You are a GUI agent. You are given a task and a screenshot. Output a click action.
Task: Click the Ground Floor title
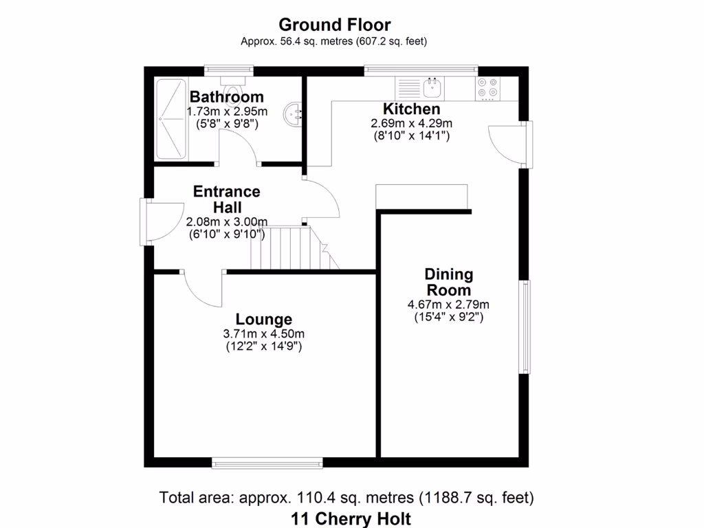(334, 25)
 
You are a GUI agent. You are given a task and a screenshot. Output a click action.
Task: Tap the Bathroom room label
(227, 97)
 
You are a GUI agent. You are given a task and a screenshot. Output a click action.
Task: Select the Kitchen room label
(411, 109)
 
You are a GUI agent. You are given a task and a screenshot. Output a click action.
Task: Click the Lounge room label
(264, 319)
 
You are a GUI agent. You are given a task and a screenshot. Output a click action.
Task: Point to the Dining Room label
(449, 282)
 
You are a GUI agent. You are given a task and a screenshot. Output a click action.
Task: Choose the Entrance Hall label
(227, 199)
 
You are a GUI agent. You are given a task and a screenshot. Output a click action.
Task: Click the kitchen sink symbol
(433, 87)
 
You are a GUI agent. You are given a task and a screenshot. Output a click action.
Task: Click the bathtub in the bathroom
(170, 118)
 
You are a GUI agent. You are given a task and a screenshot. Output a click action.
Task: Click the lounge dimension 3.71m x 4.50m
(264, 334)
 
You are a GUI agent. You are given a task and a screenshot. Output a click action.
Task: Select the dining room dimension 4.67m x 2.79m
(449, 305)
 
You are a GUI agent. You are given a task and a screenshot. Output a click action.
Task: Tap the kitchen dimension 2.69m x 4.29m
(411, 124)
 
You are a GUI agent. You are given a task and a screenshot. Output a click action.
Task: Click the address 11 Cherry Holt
(351, 518)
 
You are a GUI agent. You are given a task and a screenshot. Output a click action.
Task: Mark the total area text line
(346, 496)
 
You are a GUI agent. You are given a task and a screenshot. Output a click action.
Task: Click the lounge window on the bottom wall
(267, 463)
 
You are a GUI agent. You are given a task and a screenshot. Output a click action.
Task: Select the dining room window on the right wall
(525, 327)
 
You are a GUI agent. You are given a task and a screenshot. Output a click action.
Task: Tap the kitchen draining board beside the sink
(408, 87)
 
